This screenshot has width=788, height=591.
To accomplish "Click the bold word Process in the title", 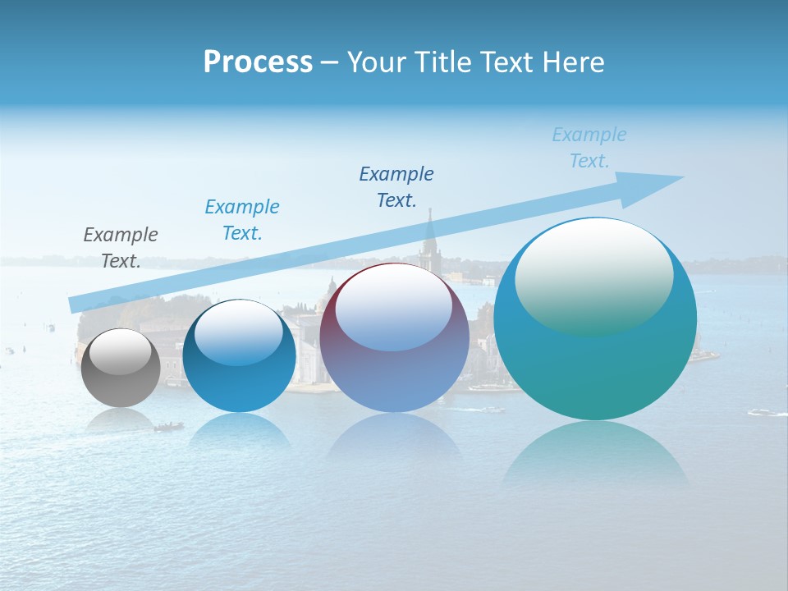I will click(x=258, y=62).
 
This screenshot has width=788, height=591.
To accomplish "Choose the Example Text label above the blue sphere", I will click(x=242, y=220).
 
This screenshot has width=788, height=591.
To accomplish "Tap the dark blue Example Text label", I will click(x=396, y=187).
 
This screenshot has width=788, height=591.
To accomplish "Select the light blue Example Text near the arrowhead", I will click(x=589, y=148).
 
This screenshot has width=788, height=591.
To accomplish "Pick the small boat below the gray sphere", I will click(x=168, y=426).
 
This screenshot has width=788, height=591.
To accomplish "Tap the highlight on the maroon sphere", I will click(x=394, y=309).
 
